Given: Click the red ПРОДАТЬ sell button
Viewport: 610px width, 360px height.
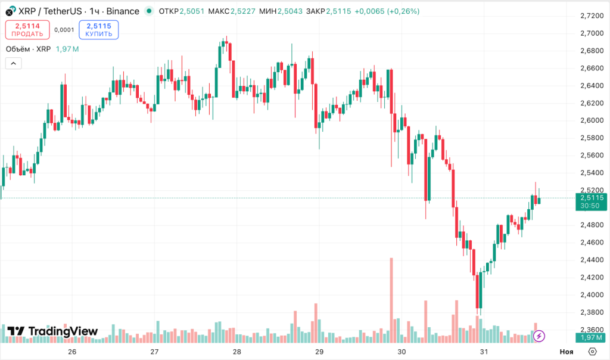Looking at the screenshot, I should (x=27, y=30).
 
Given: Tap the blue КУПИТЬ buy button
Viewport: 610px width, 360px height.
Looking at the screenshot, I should (x=98, y=30).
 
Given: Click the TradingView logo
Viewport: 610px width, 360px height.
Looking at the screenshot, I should (x=52, y=331).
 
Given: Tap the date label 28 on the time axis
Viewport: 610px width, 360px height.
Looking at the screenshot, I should (x=237, y=352).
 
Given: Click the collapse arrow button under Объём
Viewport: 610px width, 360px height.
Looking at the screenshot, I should (x=14, y=63).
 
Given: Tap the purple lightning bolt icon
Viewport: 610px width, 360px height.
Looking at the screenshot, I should (x=539, y=336).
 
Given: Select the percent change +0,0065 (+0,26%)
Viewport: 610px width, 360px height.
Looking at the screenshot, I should (x=387, y=11).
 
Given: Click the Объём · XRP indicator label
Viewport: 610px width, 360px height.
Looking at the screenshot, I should (x=28, y=49).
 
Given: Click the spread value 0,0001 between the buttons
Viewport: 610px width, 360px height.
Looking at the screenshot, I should (x=64, y=30).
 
